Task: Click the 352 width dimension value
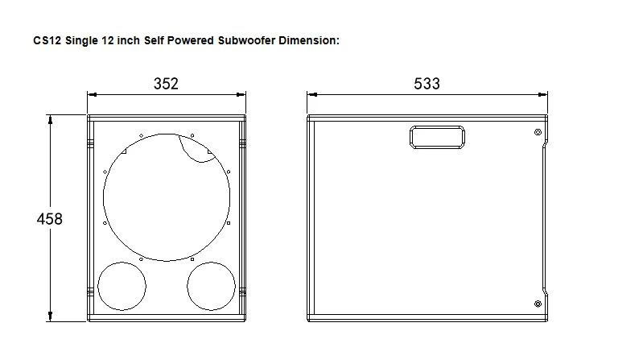[x=165, y=84]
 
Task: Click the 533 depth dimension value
[x=427, y=84]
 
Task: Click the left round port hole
[x=122, y=287]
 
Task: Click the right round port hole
[x=212, y=287]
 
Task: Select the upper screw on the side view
[x=538, y=132]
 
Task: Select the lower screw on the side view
[x=538, y=303]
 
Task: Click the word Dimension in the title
[x=309, y=39]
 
